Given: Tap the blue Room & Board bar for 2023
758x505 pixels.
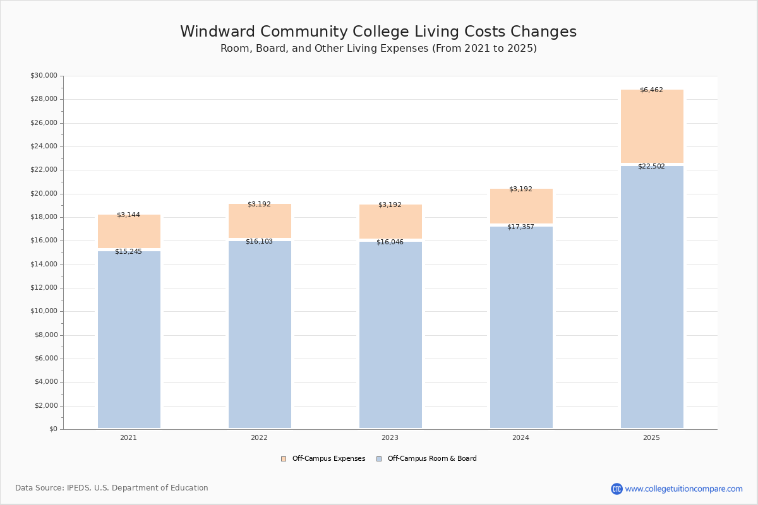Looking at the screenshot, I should (x=390, y=335).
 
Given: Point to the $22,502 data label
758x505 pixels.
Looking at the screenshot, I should (x=651, y=167).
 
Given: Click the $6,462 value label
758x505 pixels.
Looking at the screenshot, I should (x=651, y=90).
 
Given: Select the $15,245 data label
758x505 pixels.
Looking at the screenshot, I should (x=128, y=252).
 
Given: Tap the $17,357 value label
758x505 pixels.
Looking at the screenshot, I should (x=520, y=227).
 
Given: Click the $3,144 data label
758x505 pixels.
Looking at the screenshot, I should (x=128, y=215).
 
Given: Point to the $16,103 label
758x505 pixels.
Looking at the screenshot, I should (x=259, y=242).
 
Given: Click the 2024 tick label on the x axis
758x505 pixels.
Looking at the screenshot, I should (x=520, y=438).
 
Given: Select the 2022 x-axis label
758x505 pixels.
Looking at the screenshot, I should (x=259, y=438).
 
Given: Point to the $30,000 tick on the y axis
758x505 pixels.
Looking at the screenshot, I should (x=44, y=76).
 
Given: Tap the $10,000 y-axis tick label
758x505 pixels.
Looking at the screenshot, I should (x=44, y=311).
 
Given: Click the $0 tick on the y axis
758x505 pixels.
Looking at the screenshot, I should (x=53, y=429).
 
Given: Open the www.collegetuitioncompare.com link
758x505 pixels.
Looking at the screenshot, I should (x=683, y=489).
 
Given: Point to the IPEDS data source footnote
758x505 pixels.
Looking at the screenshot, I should (x=112, y=488).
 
